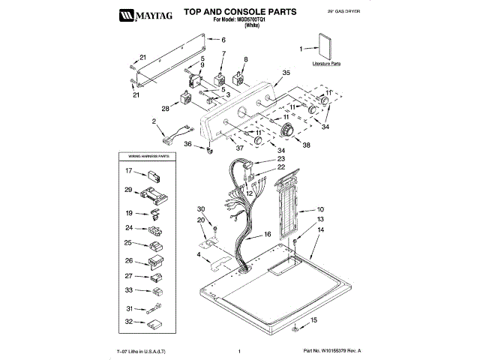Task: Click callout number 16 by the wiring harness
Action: (266, 235)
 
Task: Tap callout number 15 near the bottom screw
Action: (313, 320)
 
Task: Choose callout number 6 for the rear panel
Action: (223, 39)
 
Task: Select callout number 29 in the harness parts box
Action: (128, 190)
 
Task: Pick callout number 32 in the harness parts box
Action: (128, 322)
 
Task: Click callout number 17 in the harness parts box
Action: (128, 172)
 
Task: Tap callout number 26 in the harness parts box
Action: (128, 260)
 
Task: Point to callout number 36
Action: (188, 144)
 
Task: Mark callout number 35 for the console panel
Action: (286, 73)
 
